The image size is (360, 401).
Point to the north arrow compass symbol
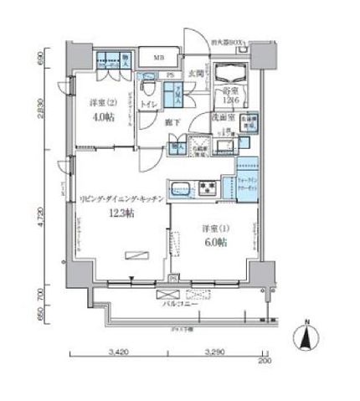click(306, 338)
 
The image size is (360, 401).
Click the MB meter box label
click(157, 58)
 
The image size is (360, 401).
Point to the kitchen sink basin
click(183, 186)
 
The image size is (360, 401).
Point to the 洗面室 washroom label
click(220, 118)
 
